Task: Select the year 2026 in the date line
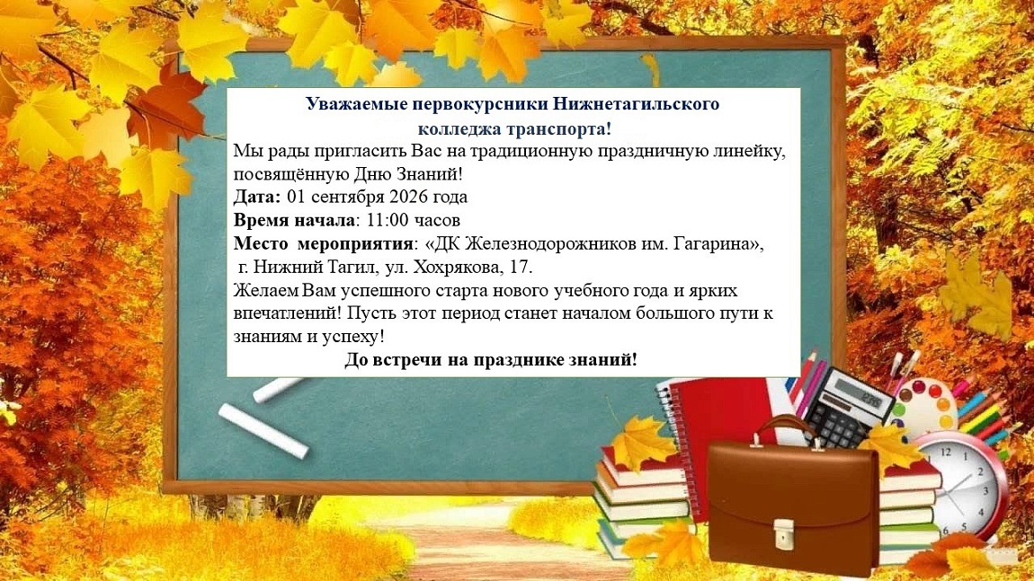click(x=409, y=197)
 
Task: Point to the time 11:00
click(x=388, y=220)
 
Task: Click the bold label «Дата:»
click(x=257, y=197)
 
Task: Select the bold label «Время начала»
click(x=295, y=220)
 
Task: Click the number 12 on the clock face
click(x=946, y=452)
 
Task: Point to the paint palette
click(x=923, y=404)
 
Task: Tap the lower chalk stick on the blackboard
click(x=263, y=430)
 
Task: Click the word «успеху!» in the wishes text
click(x=354, y=338)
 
